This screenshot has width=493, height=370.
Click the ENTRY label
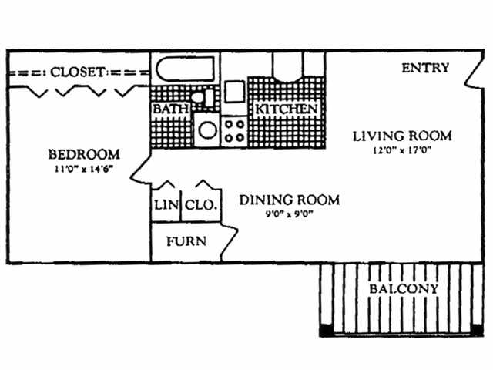coord(425,68)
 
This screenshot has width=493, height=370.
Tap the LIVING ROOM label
coord(402,136)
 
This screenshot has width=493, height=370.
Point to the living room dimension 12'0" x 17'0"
coord(401,150)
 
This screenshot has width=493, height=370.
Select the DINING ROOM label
coord(290,200)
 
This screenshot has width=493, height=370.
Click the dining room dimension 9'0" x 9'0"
coord(290,214)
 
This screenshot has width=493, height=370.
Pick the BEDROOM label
coord(84,154)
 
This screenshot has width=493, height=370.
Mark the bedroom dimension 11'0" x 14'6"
coord(84,169)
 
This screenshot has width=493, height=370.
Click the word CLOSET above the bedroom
coord(77,72)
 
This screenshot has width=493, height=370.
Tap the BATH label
coord(171,109)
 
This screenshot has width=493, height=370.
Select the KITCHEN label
coord(286,109)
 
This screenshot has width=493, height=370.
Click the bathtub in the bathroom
coord(185,69)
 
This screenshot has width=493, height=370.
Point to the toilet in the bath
coord(203,97)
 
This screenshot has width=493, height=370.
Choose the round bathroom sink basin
coord(207,129)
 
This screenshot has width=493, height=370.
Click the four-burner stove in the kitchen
coord(234,131)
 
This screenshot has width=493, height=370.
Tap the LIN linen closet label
coord(166,205)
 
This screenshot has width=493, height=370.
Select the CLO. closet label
coord(201,205)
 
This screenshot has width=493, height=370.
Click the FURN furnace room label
coord(186,241)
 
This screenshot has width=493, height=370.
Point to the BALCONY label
coord(404,289)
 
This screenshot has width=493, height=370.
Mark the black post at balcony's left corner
coord(327,331)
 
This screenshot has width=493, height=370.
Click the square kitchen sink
coord(234,92)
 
